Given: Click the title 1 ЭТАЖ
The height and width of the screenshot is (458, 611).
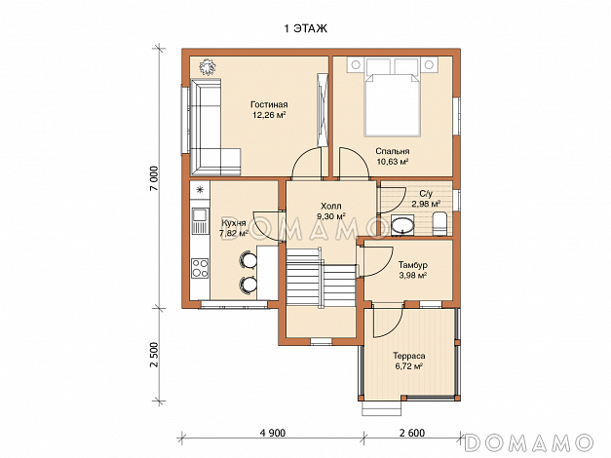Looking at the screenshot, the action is tap(306, 29).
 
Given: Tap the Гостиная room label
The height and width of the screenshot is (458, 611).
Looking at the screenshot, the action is tap(269, 104).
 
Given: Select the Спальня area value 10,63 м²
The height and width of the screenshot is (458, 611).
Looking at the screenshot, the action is tap(393, 162).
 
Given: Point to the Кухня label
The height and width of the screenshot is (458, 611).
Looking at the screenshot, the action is tap(234, 223).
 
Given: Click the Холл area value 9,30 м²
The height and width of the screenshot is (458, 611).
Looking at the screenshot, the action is tap(330, 216).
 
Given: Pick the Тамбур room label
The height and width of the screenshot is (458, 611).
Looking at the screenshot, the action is tap(412, 265).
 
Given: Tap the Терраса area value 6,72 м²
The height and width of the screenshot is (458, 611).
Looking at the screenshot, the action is tap(408, 366).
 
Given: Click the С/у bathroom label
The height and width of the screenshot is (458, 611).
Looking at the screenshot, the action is tap(426, 193).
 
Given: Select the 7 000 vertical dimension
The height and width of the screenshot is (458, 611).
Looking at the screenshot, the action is tap(155, 178).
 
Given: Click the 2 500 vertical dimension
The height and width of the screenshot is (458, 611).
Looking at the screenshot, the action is tap(155, 355).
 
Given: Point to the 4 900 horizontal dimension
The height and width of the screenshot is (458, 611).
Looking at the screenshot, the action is tap(273, 433).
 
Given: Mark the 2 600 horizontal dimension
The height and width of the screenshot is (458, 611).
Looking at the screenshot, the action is tap(412, 433).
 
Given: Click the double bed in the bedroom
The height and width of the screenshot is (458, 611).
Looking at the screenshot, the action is tap(393, 97).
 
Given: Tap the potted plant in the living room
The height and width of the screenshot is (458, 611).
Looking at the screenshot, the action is tap(207, 66).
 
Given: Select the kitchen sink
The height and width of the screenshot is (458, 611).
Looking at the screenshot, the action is tap(200, 215).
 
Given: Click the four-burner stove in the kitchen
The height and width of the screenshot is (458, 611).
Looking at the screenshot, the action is tap(200, 269).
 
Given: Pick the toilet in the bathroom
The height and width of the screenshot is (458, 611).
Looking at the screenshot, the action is tap(439, 224).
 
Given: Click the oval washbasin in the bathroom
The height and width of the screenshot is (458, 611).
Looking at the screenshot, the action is tap(401, 226).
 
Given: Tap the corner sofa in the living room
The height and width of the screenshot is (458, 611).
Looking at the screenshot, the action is tap(214, 127).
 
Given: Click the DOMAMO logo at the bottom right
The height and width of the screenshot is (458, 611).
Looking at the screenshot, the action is tap(529, 442).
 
